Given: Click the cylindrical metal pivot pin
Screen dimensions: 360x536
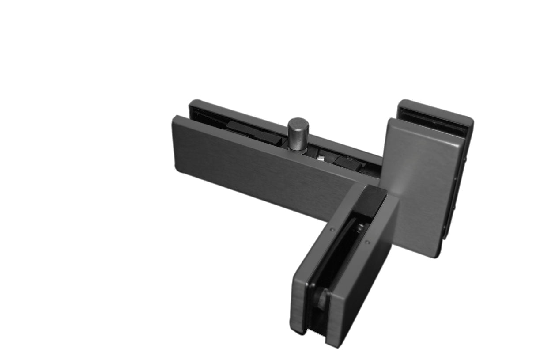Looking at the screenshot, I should [298, 135].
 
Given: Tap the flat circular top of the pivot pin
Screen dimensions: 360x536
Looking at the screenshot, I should [298, 123].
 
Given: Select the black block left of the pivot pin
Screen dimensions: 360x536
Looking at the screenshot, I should [254, 133].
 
